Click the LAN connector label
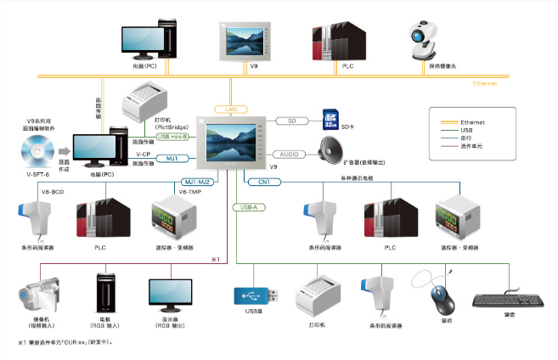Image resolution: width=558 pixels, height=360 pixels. [230, 110]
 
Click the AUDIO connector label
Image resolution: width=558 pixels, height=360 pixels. [289, 155]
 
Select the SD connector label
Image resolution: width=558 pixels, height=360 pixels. [292, 121]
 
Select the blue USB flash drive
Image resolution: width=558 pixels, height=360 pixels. [252, 295]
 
